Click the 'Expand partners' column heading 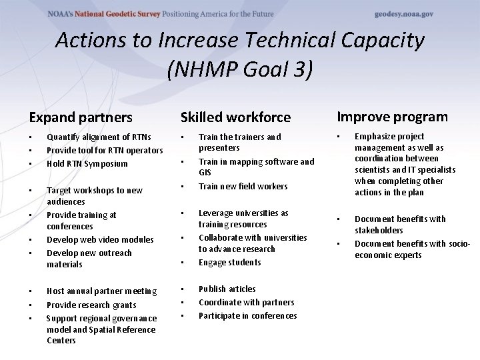81,117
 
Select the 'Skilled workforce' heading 235,117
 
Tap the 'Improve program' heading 392,117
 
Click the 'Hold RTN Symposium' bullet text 87,163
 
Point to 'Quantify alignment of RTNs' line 99,137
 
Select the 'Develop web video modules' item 100,239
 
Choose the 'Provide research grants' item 91,305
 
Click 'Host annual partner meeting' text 102,291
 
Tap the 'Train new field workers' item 243,186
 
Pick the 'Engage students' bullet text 230,262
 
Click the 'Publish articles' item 227,289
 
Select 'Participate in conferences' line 248,315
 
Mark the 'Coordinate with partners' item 247,302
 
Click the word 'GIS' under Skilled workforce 205,172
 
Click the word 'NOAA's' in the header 66,14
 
